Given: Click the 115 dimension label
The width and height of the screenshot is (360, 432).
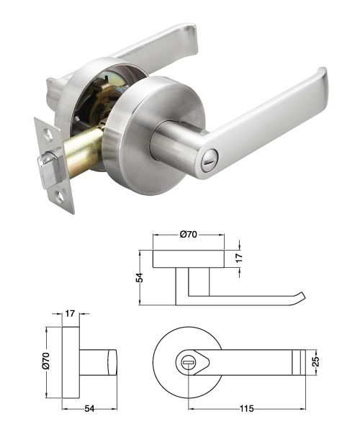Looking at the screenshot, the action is tap(246, 408).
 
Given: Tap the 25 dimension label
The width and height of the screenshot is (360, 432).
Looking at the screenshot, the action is tap(316, 361).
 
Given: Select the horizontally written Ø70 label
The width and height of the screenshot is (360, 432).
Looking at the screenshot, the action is tap(189, 235).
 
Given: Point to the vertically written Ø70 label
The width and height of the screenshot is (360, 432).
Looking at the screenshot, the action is tap(45, 361).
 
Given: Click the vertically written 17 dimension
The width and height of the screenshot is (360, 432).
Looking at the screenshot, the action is tap(239, 257).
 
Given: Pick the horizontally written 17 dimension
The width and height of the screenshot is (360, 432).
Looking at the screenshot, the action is tap(70, 313).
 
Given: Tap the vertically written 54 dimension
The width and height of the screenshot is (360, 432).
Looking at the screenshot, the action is tap(140, 277).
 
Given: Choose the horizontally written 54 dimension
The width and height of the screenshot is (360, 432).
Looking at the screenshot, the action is tap(89, 408).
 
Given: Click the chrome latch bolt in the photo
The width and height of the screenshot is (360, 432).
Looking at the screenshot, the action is tap(50, 171).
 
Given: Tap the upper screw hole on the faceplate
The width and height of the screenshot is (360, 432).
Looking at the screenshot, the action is tap(49, 134).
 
